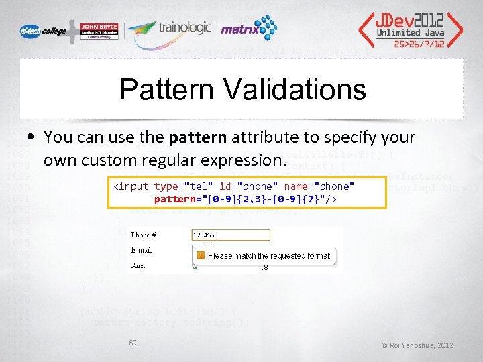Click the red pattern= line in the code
tap(245, 199)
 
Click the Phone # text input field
tap(229, 235)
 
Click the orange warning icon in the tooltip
tap(199, 255)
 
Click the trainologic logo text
tap(184, 28)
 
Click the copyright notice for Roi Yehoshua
tap(417, 345)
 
